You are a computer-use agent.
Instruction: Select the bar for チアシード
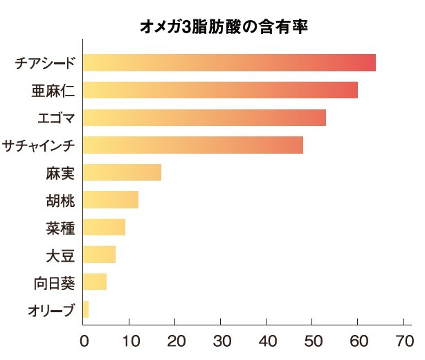pos(228,63)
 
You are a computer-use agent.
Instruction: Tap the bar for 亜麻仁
pos(219,90)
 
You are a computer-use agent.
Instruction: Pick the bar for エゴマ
pos(204,118)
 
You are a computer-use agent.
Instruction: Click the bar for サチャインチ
pos(192,145)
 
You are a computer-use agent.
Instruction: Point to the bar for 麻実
pos(122,172)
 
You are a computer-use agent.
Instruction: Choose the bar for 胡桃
pos(110,200)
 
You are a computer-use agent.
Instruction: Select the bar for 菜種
pos(104,227)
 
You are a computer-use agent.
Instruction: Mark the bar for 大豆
pos(99,255)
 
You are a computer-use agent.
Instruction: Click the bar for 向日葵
pos(95,282)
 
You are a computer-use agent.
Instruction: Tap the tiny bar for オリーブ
pos(86,309)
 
